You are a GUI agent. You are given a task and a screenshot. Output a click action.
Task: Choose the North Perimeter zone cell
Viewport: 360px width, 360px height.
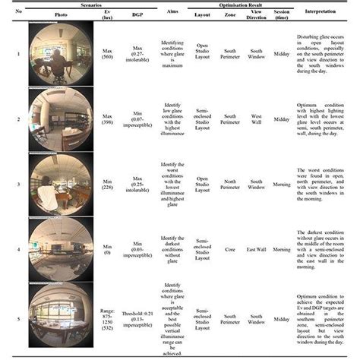coord(231,185)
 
